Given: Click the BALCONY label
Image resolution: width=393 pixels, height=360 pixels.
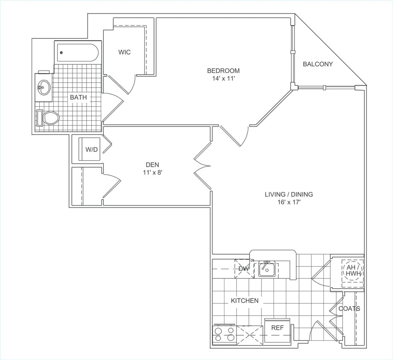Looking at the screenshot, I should [317, 64].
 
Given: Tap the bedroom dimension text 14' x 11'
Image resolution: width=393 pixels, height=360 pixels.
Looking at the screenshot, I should [223, 78].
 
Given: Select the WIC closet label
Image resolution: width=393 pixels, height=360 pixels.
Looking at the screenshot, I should [125, 52].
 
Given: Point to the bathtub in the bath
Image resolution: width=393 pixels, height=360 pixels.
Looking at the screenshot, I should [77, 52].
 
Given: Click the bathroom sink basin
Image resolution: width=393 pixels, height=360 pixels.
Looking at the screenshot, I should [43, 88].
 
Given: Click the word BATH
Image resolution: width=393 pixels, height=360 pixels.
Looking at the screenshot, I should [78, 97].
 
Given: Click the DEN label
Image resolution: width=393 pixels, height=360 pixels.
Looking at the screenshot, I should [152, 165].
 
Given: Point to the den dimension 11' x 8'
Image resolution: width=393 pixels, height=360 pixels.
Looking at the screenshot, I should [152, 173].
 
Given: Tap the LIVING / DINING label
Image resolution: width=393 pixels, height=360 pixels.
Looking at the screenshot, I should [288, 195].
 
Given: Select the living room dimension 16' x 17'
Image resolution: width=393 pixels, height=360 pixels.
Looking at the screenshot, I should [288, 202].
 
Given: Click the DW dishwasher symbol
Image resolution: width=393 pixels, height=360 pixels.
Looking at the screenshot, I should [244, 269].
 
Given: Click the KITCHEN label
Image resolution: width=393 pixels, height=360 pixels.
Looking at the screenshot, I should [245, 301].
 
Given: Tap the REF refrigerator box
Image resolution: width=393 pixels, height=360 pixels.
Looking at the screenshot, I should [277, 328].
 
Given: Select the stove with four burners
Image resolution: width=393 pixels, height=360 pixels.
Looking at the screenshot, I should [224, 334].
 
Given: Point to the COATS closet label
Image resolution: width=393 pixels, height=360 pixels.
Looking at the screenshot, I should [349, 308].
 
